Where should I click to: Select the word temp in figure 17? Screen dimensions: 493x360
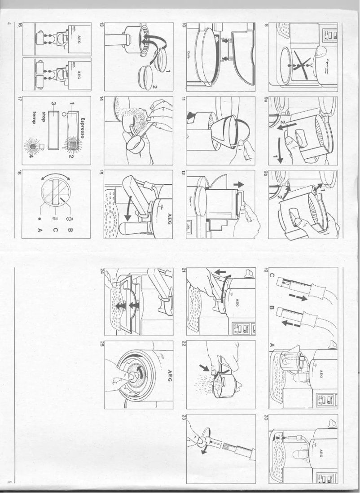(37, 115)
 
